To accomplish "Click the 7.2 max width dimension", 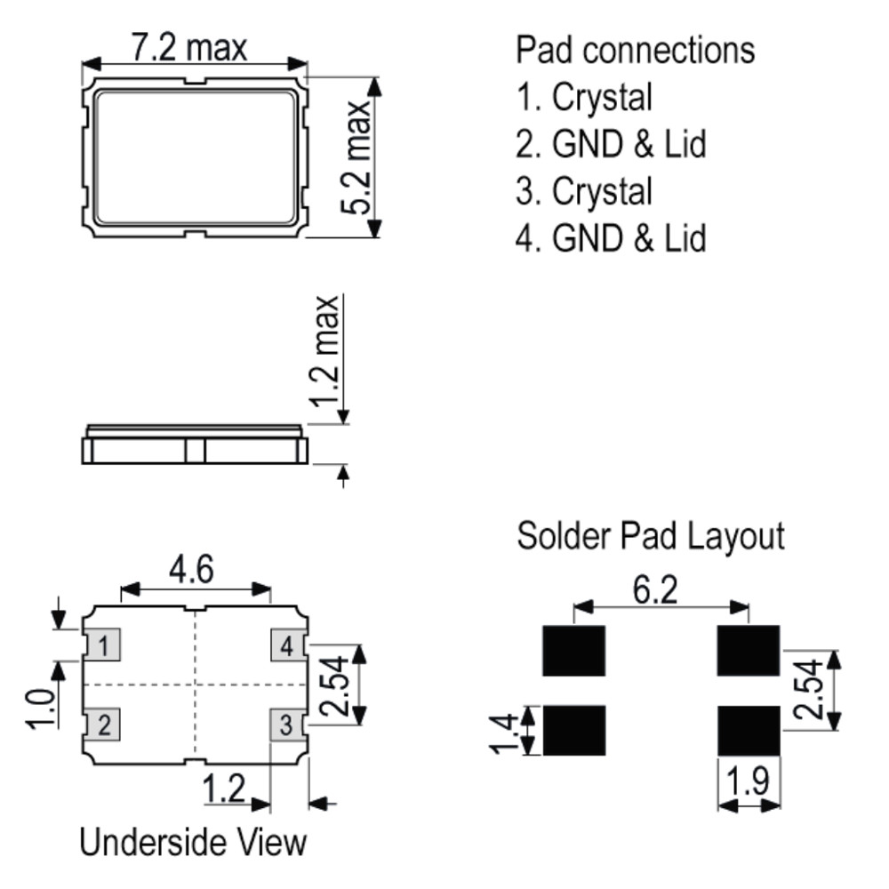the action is tap(189, 48).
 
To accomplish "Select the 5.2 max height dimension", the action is tap(356, 157).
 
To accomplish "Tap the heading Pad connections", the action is tap(635, 50).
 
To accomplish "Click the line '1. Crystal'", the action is tap(585, 97).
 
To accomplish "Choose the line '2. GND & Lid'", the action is tap(612, 144).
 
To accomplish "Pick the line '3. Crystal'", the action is tap(585, 191).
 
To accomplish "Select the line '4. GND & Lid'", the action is tap(612, 238).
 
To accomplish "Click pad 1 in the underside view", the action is tap(102, 645).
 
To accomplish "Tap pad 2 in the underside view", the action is tap(102, 724).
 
